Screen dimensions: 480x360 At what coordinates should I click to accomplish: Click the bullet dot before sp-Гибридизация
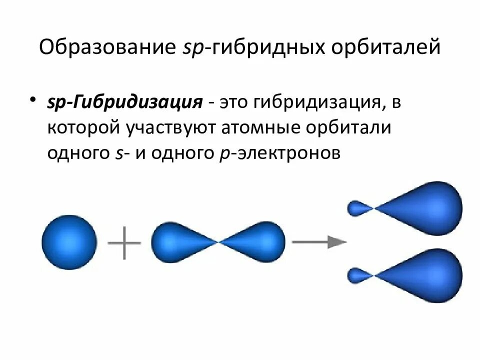tap(33, 98)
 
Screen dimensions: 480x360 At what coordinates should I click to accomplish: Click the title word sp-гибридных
tap(250, 49)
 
